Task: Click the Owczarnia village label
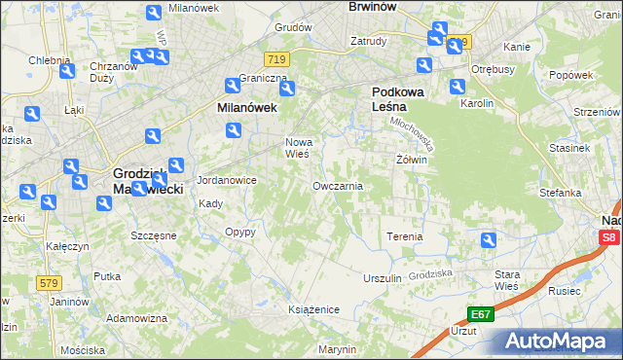(338, 186)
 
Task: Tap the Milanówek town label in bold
(247, 109)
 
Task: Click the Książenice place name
(313, 308)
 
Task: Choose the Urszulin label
(382, 277)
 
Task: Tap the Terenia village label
(405, 236)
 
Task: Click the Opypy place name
(239, 233)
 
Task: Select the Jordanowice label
(226, 180)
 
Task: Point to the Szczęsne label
(153, 235)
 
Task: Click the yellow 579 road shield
(51, 282)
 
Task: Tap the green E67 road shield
(479, 314)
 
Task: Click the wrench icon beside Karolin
(458, 87)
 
